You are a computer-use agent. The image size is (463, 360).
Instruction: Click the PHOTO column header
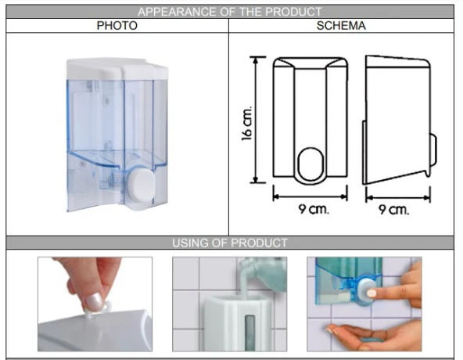117,26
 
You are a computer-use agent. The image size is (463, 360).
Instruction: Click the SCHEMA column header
341,26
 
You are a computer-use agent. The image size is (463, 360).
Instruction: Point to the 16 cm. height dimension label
247,123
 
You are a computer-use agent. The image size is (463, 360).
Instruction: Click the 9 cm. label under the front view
314,209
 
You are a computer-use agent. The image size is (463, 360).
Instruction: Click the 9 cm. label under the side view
394,210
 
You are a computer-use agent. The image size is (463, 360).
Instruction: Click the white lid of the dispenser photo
117,69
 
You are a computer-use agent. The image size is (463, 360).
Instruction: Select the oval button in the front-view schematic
311,164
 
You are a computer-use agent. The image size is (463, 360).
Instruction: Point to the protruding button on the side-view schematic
433,150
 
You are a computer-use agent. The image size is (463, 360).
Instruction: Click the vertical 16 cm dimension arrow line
256,120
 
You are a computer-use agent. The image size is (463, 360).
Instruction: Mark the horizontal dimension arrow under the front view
310,196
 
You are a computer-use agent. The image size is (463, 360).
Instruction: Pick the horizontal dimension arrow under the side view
398,197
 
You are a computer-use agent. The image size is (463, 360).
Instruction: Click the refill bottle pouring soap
263,273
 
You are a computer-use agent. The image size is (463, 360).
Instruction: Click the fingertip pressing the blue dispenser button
371,293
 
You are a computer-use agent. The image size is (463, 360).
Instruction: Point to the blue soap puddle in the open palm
372,340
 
